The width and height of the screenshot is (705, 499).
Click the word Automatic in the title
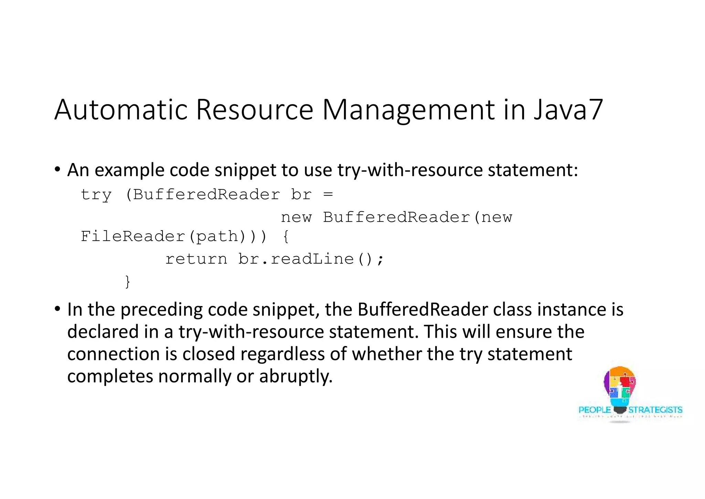click(120, 110)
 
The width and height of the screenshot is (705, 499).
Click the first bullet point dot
click(57, 169)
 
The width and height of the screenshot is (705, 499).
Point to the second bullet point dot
click(57, 309)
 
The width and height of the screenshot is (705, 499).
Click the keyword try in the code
click(96, 195)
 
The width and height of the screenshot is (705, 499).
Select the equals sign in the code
click(328, 195)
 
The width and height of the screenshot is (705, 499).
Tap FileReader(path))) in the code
click(173, 236)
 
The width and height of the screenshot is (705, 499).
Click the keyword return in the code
click(196, 259)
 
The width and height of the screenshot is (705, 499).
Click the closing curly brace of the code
click(127, 281)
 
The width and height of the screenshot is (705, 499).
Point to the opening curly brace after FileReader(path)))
click(286, 237)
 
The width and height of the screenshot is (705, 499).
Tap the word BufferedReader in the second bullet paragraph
click(422, 309)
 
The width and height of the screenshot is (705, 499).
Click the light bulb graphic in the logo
click(620, 388)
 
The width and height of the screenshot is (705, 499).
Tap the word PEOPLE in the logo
click(594, 410)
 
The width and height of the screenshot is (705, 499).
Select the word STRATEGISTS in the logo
click(655, 410)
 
